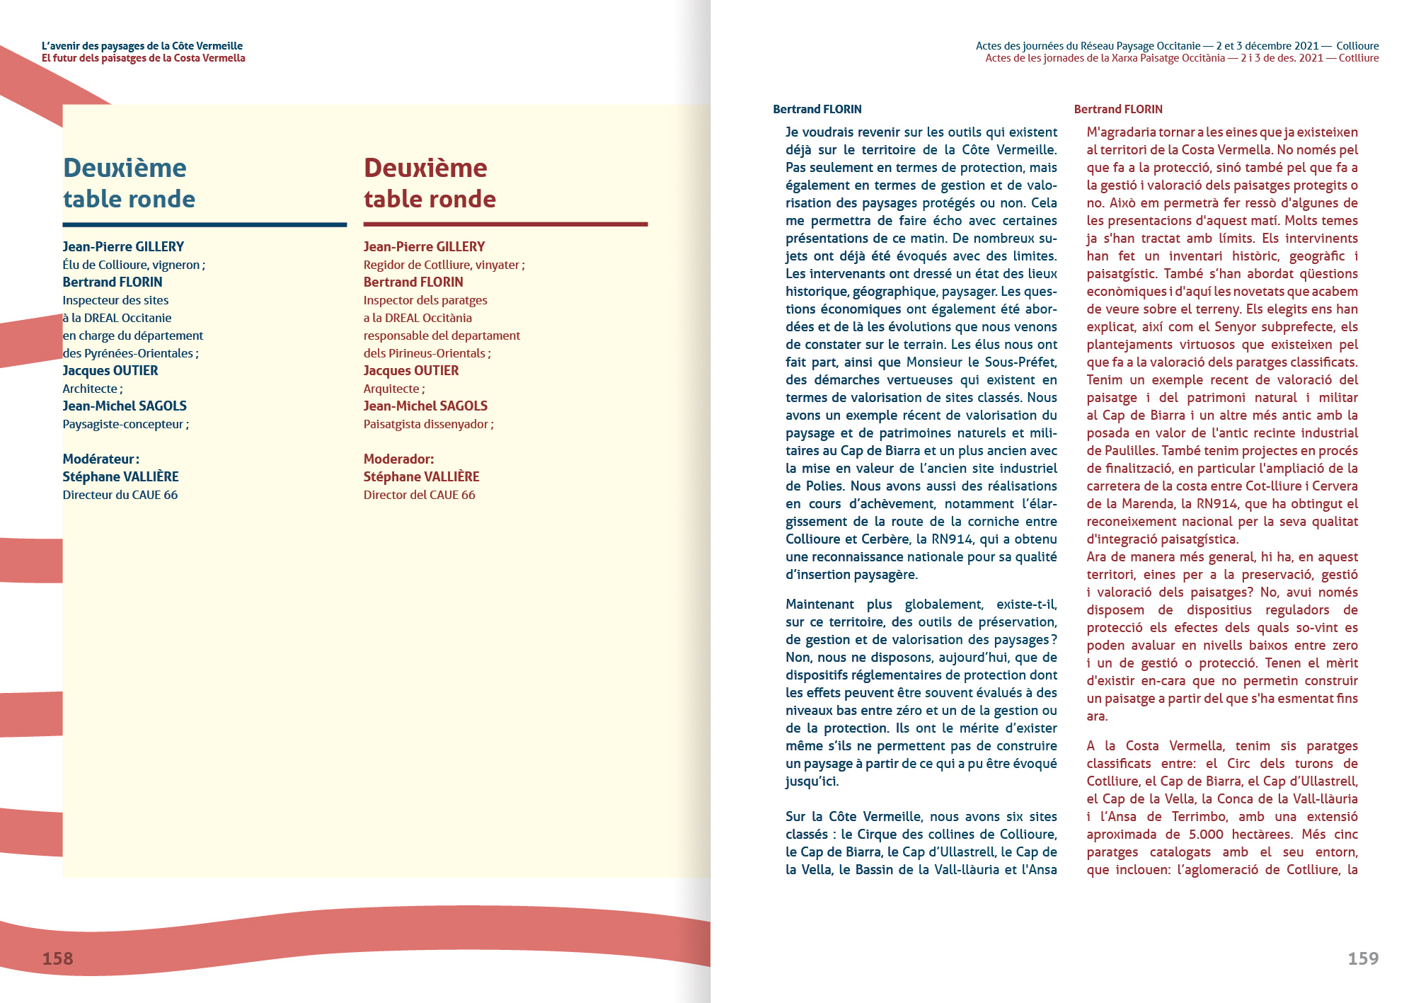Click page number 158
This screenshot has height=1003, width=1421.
click(x=57, y=958)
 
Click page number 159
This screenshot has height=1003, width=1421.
click(x=1363, y=958)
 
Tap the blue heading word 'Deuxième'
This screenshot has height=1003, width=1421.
click(x=125, y=168)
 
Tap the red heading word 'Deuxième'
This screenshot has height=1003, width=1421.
click(x=425, y=168)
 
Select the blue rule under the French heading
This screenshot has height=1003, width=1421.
click(x=205, y=224)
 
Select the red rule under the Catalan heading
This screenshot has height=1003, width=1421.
click(x=505, y=224)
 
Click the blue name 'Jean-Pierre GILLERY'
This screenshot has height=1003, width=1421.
click(x=123, y=246)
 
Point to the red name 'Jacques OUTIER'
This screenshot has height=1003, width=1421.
click(x=411, y=370)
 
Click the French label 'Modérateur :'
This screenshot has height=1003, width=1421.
click(x=100, y=459)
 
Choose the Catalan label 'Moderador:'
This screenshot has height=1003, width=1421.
click(x=398, y=459)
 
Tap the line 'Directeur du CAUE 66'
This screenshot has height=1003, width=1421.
click(x=120, y=495)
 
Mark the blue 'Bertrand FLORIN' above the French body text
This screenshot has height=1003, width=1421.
click(x=817, y=109)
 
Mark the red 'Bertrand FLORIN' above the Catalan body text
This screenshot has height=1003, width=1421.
click(x=1118, y=109)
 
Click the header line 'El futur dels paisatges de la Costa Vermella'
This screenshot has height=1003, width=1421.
click(x=144, y=58)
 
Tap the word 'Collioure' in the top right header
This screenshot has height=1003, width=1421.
click(x=1357, y=46)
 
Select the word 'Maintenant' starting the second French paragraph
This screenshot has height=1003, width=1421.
click(x=819, y=604)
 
